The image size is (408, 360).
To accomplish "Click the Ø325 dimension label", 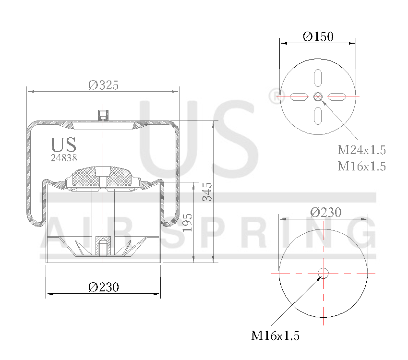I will [103, 85].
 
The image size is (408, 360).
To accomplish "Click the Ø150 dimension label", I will [318, 36].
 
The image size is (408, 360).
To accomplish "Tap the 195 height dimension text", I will [188, 222].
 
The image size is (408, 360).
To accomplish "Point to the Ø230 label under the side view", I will [103, 287].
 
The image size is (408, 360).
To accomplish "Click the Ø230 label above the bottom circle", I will [325, 212].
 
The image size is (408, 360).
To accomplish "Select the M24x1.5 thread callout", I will [361, 150].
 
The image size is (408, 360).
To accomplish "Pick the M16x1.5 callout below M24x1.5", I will [361, 166].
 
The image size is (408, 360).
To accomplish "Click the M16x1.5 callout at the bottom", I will [275, 336].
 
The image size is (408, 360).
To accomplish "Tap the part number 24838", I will [64, 157].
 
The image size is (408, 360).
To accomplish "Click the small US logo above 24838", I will [63, 144].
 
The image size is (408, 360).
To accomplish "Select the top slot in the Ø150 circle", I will [318, 77].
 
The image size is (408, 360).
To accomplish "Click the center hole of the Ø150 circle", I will [318, 97].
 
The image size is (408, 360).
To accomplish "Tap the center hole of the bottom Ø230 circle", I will [323, 273].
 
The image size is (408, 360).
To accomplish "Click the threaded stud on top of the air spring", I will [102, 115].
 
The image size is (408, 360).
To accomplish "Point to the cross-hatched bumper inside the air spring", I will [102, 178].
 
